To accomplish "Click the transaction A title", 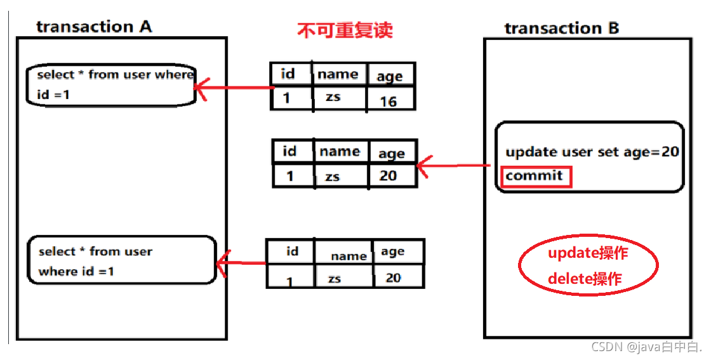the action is (94, 27).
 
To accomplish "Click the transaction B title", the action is (561, 28).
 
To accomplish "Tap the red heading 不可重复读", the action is (345, 30).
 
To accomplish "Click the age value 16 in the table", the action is (388, 100).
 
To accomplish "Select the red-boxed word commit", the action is (535, 176).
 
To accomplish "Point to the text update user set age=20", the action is (592, 152).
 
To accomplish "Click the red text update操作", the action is (588, 253).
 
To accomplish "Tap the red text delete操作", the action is (584, 278).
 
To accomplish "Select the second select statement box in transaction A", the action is (121, 260).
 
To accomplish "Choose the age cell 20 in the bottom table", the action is (393, 277).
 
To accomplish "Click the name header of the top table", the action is (338, 74).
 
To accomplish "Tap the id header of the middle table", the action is (289, 152).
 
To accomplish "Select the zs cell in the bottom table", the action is (335, 279).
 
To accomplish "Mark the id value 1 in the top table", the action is (286, 99).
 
